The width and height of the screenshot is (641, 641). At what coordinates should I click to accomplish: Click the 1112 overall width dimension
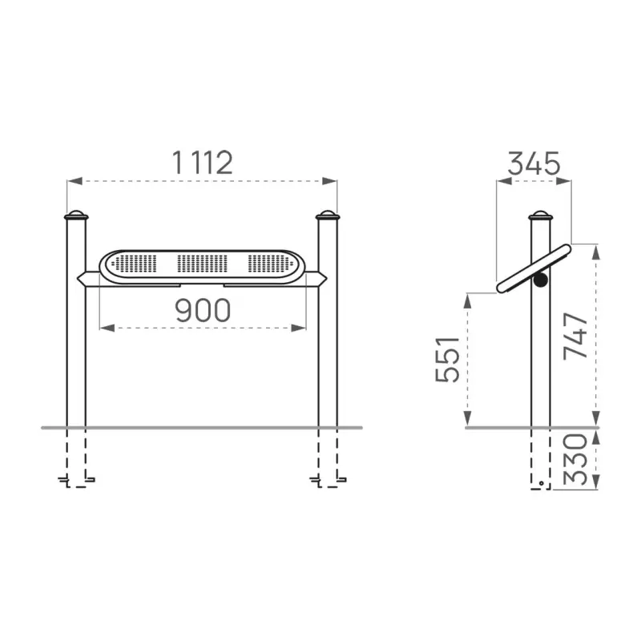(203, 163)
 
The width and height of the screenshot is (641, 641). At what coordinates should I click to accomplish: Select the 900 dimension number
(203, 310)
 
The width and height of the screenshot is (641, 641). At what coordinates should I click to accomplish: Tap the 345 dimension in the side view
(534, 163)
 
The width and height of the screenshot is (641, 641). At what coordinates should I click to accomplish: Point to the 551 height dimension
(448, 359)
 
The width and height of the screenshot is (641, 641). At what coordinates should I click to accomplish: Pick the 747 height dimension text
(575, 336)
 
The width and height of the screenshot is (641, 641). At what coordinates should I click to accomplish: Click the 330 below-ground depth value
(575, 459)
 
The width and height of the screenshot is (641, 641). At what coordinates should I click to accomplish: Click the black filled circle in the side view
(540, 280)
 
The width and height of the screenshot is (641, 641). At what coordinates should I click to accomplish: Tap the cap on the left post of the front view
(76, 215)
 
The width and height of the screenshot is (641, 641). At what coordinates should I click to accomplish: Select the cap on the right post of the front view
(328, 215)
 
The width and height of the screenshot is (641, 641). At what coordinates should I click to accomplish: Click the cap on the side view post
(540, 215)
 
